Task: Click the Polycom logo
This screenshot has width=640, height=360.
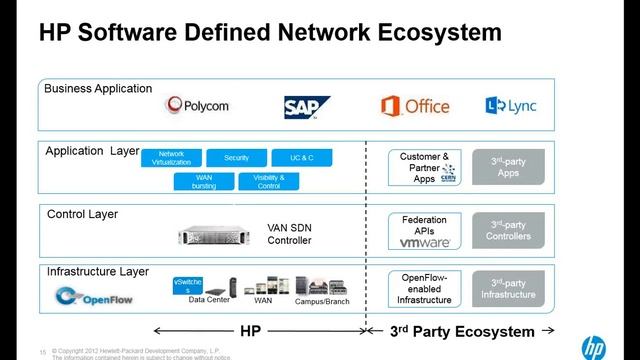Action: [200, 106]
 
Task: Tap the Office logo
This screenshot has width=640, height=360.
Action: [415, 105]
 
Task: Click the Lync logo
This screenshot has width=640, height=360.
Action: [509, 105]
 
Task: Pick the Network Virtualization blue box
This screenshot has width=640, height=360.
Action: [172, 158]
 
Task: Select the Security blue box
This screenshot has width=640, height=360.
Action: [236, 158]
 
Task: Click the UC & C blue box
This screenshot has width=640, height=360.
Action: [301, 158]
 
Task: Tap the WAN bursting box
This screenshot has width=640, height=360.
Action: [203, 181]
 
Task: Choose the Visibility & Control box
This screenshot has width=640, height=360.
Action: [269, 181]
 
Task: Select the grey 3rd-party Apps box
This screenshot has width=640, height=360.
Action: [508, 168]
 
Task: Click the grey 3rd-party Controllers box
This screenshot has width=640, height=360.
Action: [508, 230]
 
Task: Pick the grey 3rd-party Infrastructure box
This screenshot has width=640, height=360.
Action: [508, 288]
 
